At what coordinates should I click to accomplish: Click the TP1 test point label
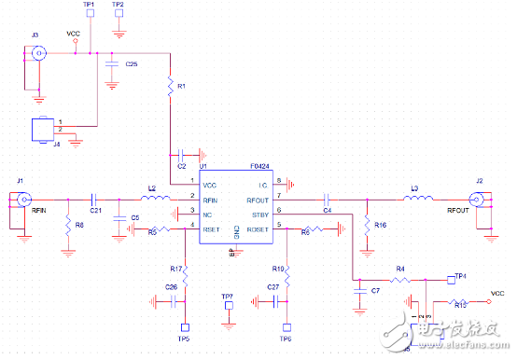click(x=89, y=5)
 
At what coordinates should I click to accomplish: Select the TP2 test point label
click(x=118, y=5)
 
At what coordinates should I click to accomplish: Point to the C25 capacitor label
click(x=132, y=64)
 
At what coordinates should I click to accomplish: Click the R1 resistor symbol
click(x=170, y=87)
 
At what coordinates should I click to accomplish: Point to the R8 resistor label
click(x=79, y=225)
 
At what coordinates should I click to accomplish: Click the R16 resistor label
click(x=380, y=225)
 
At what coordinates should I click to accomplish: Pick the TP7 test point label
click(x=227, y=297)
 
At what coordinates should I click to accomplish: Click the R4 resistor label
click(x=399, y=269)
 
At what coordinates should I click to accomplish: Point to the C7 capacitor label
click(x=374, y=292)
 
